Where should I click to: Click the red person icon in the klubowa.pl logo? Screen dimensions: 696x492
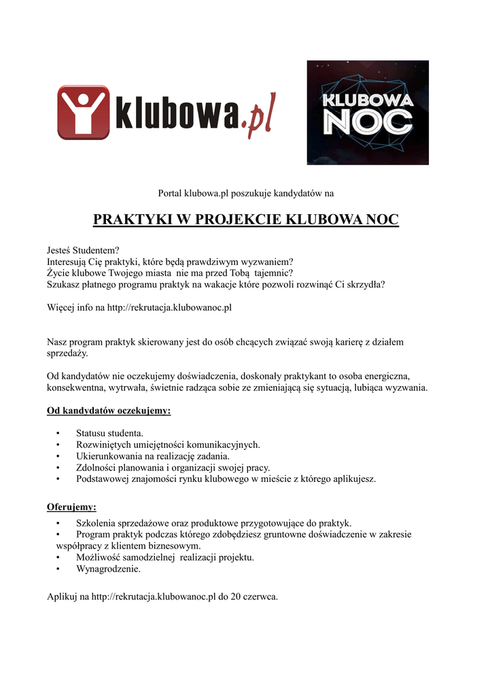pos(83,112)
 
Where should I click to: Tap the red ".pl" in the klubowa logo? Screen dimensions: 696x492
pos(259,120)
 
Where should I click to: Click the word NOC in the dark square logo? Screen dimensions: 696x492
pos(368,122)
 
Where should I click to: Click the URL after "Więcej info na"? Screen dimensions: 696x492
pos(169,307)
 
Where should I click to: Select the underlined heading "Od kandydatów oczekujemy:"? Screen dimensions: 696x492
pos(108,411)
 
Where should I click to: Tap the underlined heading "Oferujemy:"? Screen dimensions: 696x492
pos(71,506)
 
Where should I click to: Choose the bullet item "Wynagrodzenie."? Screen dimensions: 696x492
pos(108,569)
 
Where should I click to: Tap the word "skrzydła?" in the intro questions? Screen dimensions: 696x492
pos(364,284)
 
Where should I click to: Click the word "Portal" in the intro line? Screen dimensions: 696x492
pos(170,194)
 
